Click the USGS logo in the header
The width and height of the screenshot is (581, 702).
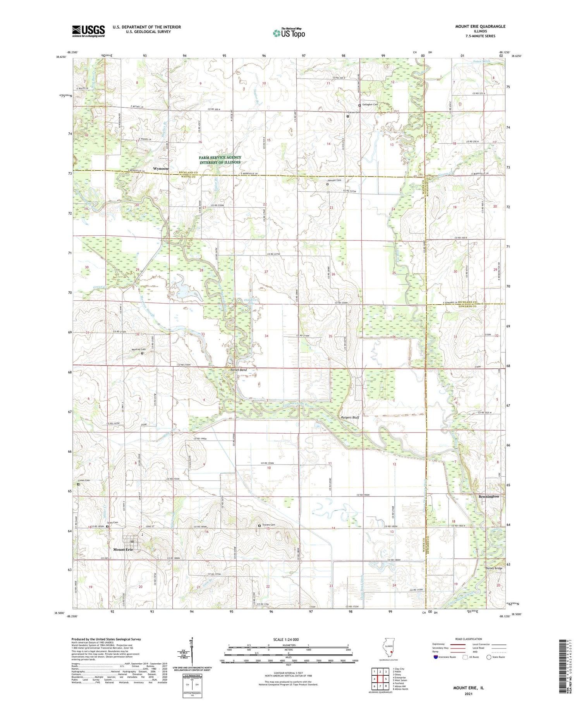click(88, 31)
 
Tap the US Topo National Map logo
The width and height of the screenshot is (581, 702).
click(289, 33)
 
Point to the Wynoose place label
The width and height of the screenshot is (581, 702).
click(161, 169)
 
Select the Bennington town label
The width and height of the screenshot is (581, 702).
click(488, 496)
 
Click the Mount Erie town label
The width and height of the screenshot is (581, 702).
click(123, 549)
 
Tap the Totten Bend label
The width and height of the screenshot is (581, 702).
click(238, 370)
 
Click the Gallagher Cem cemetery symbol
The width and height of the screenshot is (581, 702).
click(359, 105)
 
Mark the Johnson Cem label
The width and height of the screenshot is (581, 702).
click(334, 180)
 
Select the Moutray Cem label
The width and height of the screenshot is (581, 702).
click(138, 349)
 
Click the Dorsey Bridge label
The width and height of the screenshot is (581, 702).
click(494, 568)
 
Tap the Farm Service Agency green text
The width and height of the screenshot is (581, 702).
click(220, 160)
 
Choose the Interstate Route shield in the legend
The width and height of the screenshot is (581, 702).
click(435, 657)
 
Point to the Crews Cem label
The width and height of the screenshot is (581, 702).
click(84, 481)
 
